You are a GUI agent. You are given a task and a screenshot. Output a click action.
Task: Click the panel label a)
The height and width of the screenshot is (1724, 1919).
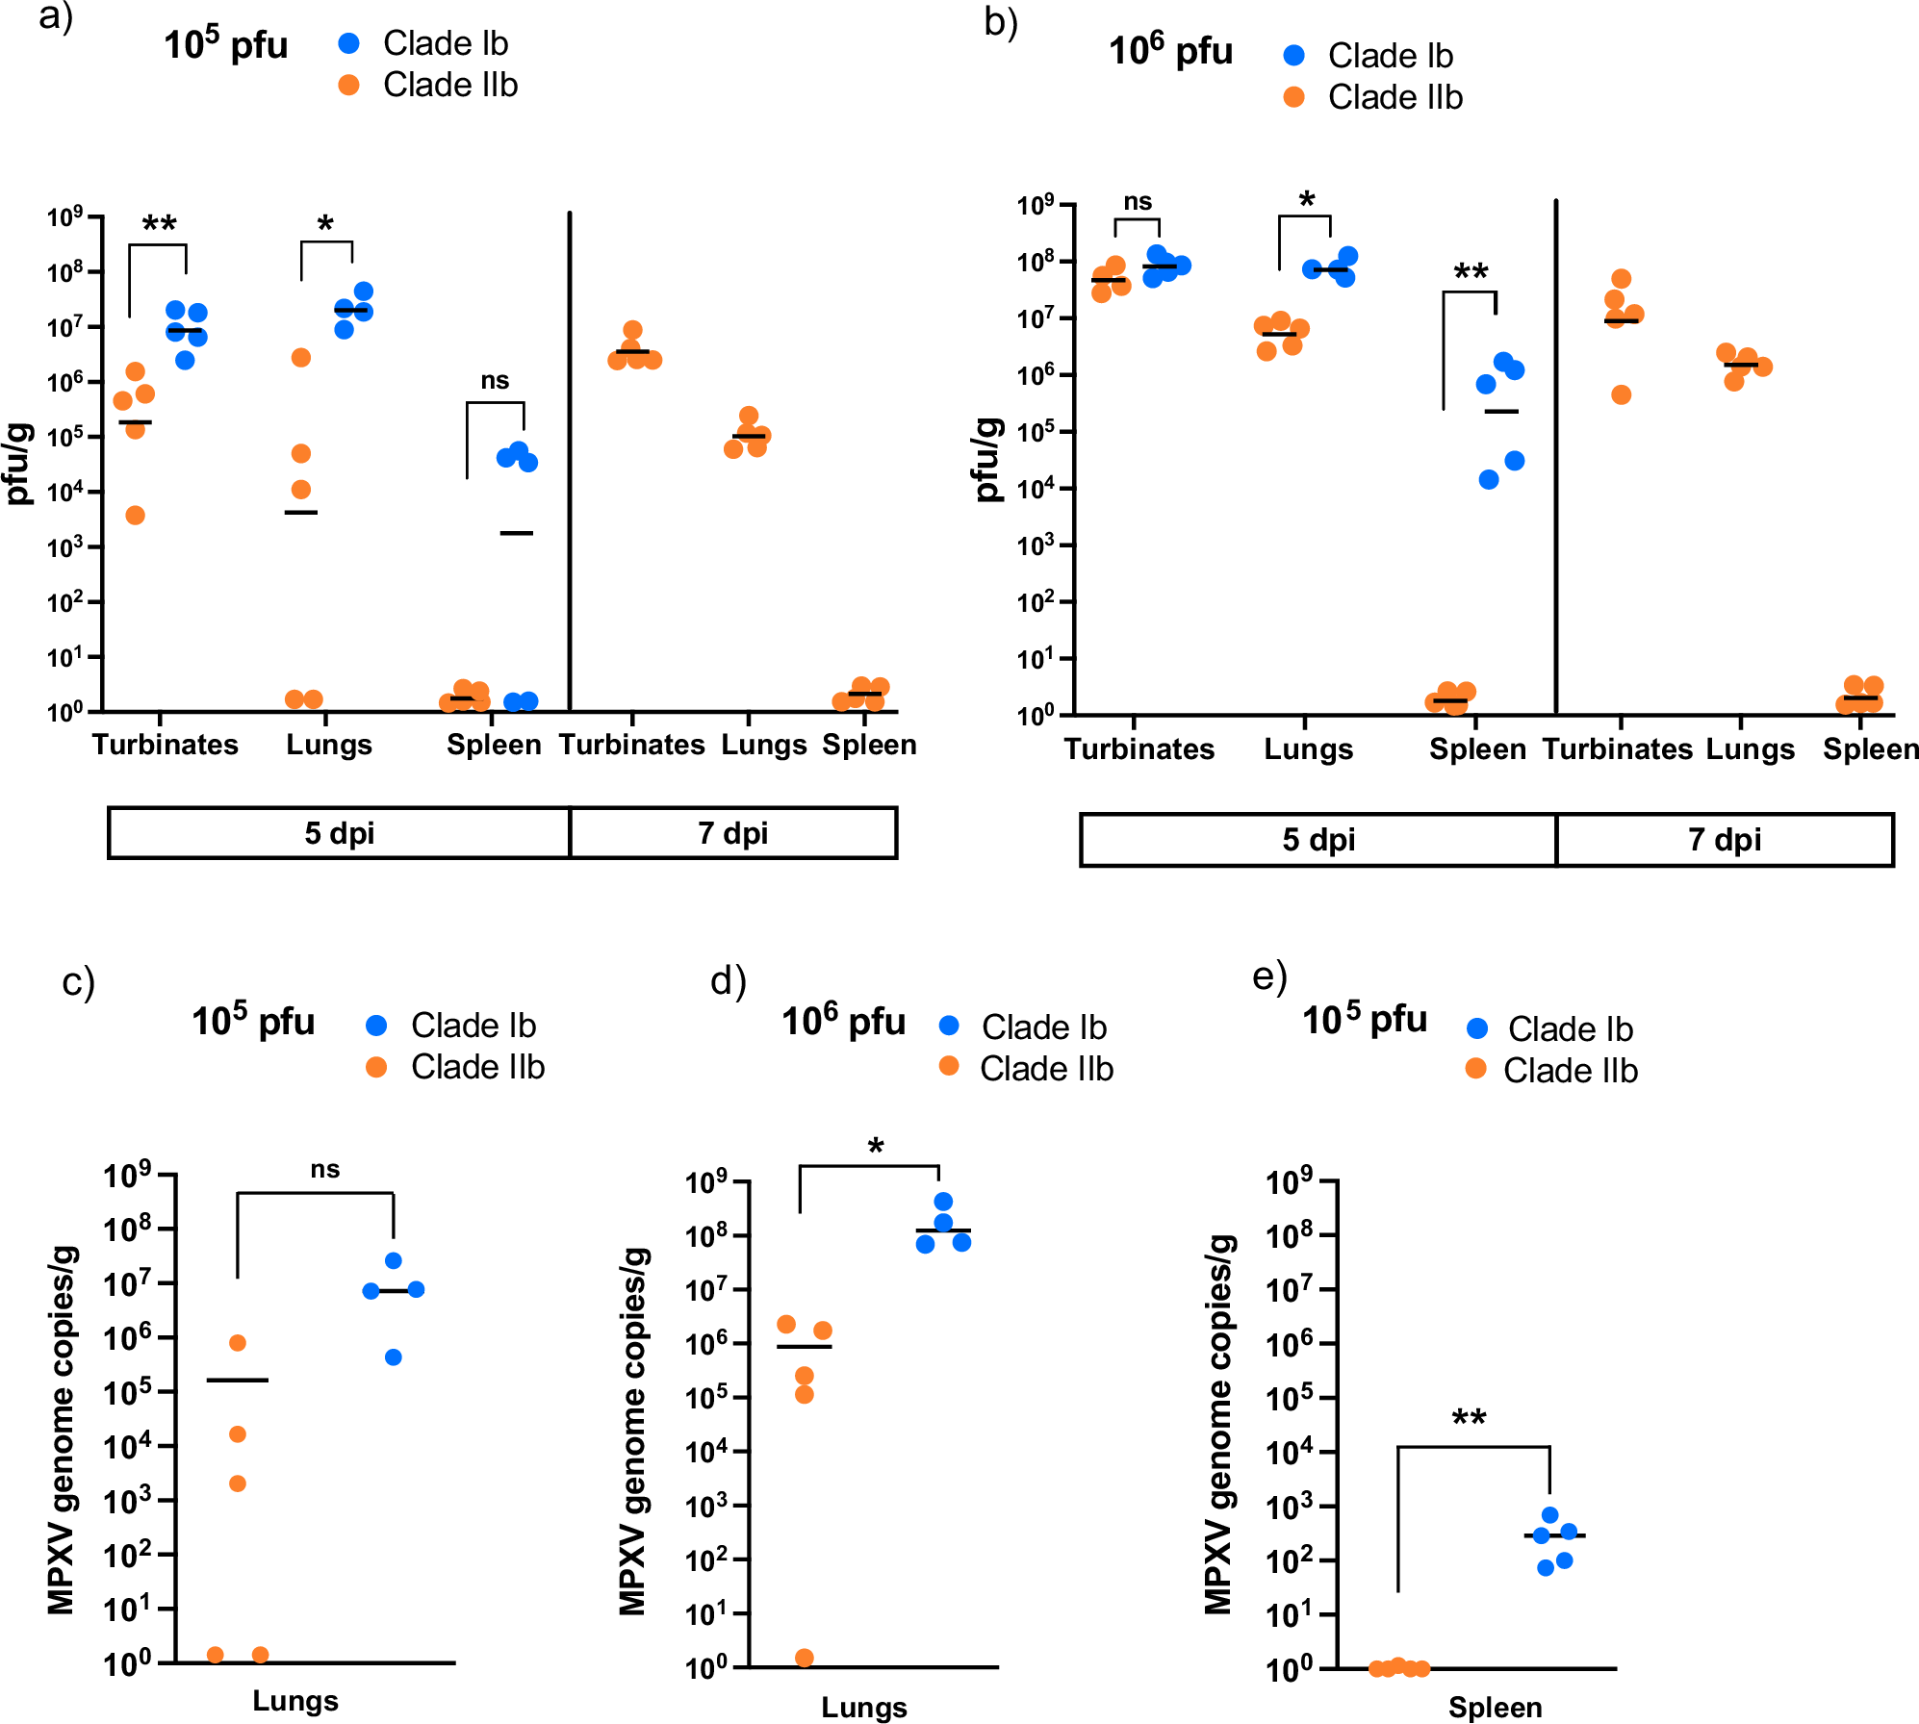56,17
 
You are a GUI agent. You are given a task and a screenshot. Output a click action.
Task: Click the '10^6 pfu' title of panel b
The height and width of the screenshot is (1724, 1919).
1170,50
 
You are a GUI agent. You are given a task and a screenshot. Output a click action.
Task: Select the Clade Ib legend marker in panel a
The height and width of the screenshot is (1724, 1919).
349,43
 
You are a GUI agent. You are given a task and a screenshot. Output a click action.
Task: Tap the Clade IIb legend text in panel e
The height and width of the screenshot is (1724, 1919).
1570,1070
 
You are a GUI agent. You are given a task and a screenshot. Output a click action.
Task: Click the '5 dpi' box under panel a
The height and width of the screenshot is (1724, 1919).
339,832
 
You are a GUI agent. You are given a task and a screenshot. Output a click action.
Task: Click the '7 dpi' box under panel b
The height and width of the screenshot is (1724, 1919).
1724,839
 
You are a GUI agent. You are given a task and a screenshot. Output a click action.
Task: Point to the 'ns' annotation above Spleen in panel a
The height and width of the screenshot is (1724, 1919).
495,380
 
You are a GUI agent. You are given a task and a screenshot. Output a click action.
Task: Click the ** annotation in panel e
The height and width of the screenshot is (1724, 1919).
1469,1419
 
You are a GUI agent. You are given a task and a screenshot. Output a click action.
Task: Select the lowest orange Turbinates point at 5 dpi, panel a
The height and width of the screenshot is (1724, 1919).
136,516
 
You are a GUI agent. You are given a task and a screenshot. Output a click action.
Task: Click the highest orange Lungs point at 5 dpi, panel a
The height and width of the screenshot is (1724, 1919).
301,358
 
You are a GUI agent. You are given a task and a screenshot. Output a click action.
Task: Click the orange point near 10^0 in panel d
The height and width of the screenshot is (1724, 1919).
805,1658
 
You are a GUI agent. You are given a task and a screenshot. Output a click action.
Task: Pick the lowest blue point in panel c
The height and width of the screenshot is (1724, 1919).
394,1357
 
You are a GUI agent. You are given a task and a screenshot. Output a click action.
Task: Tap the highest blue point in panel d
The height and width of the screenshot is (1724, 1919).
943,1202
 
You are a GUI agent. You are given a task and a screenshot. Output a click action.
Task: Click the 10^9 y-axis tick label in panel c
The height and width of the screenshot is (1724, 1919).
127,1175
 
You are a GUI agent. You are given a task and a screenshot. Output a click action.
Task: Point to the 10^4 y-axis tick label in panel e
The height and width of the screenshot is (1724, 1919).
1289,1451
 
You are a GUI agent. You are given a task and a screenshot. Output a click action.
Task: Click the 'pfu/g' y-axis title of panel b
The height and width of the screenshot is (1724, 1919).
987,460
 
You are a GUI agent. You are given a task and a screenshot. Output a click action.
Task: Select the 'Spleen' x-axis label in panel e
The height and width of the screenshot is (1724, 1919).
1495,1707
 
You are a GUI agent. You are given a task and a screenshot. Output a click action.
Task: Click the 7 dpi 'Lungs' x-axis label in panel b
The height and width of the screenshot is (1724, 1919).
1750,748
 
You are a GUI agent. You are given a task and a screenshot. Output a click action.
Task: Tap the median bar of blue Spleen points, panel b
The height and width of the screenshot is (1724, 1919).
1501,412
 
